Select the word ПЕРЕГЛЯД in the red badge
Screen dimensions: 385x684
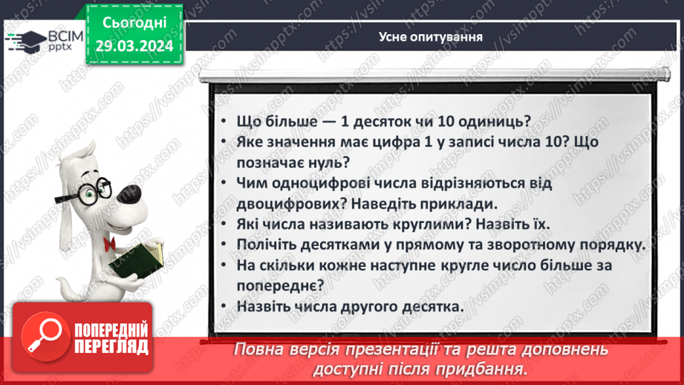tap(112, 346)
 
